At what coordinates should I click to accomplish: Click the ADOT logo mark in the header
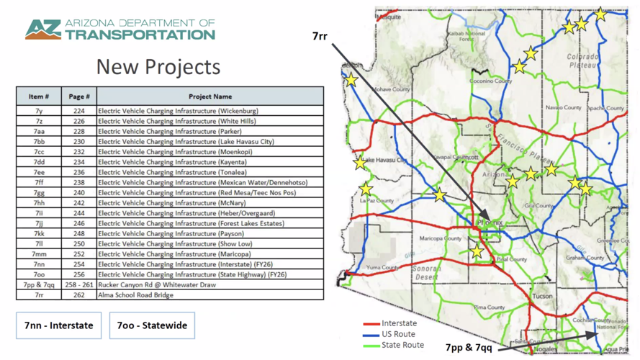click(42, 30)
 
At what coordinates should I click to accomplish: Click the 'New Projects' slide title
click(158, 67)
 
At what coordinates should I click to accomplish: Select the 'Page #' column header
click(78, 96)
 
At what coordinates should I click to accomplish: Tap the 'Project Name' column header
click(210, 96)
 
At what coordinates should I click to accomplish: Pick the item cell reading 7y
click(39, 112)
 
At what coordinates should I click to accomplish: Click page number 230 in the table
click(78, 142)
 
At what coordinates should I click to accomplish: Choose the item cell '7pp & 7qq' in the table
click(39, 284)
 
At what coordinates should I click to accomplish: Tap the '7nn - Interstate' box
click(59, 325)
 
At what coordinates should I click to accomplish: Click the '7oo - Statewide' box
click(152, 325)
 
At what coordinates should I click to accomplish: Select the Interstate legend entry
click(398, 324)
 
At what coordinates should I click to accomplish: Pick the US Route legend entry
click(397, 334)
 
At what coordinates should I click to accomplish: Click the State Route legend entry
click(401, 345)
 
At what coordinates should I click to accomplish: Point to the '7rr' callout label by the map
click(320, 36)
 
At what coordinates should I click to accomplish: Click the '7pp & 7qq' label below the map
click(468, 348)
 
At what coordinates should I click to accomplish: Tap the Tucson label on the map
click(542, 296)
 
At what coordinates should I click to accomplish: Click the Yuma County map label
click(382, 267)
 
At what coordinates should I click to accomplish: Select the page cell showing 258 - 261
click(78, 284)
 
